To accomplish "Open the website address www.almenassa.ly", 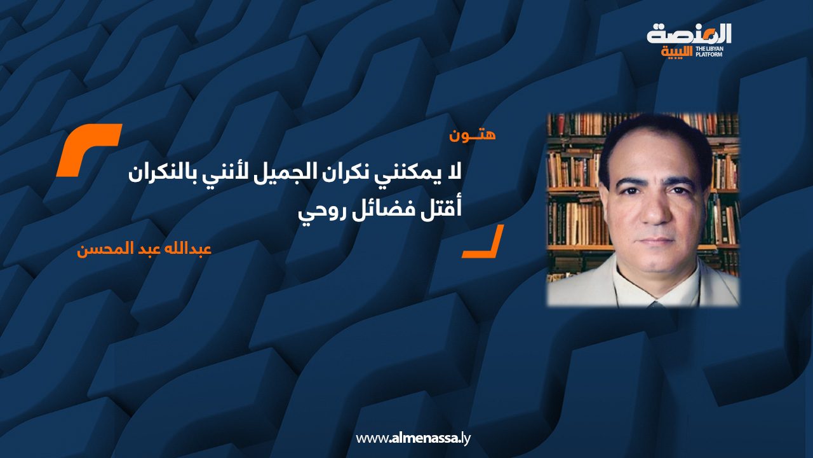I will (x=413, y=438).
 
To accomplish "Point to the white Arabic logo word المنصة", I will (x=689, y=34).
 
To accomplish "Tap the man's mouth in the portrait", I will (x=654, y=242).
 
